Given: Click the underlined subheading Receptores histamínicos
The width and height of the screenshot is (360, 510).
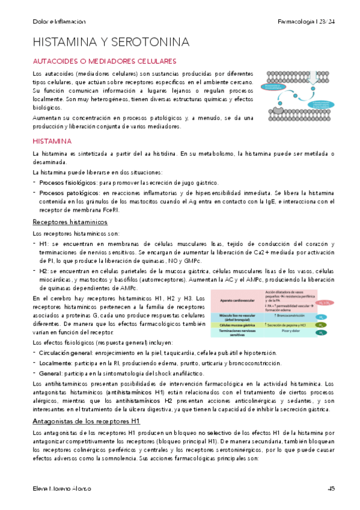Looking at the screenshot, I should click(x=70, y=222).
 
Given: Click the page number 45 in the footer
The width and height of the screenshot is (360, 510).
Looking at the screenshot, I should click(x=332, y=488).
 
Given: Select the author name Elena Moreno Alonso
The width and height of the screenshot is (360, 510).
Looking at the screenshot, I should click(x=62, y=488).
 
